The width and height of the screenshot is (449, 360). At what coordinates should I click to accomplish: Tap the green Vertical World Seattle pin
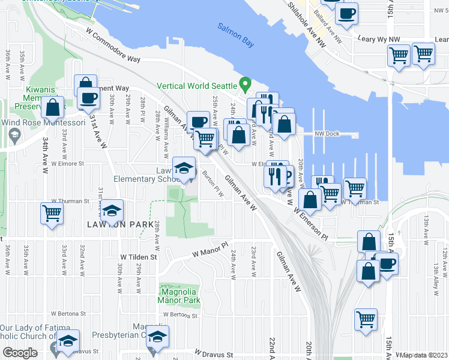tap(244, 83)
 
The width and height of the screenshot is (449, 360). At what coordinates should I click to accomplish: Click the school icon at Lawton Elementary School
tap(184, 167)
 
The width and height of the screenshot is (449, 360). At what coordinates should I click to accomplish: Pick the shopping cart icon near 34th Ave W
tap(52, 212)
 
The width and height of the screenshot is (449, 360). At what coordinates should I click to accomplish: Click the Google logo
tap(20, 353)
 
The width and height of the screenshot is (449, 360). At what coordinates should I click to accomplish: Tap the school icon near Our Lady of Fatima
tap(68, 341)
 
